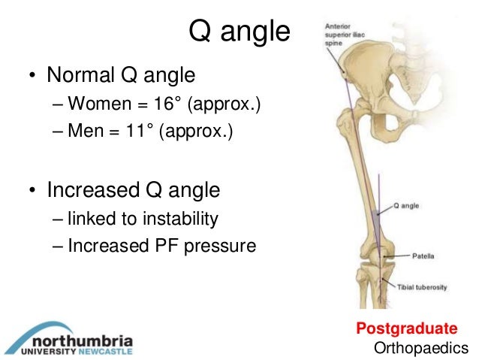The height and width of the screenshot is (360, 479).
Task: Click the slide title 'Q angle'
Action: [239, 32]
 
